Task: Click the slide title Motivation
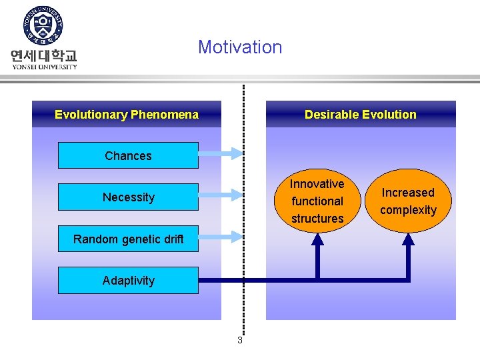coord(240,47)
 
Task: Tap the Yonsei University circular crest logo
coord(43,27)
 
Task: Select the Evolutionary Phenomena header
coord(127,115)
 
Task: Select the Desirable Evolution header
coord(360,115)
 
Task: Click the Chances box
coord(128,156)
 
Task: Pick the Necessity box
coord(128,197)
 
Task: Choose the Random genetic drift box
coord(128,239)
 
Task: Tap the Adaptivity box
coord(128,281)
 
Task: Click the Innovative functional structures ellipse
coord(317,201)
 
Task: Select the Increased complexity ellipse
coord(408,201)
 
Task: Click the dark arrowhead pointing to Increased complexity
coord(408,239)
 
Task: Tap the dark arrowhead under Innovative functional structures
coord(317,239)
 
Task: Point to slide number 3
coord(240,341)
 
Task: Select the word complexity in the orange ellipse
coord(408,211)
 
